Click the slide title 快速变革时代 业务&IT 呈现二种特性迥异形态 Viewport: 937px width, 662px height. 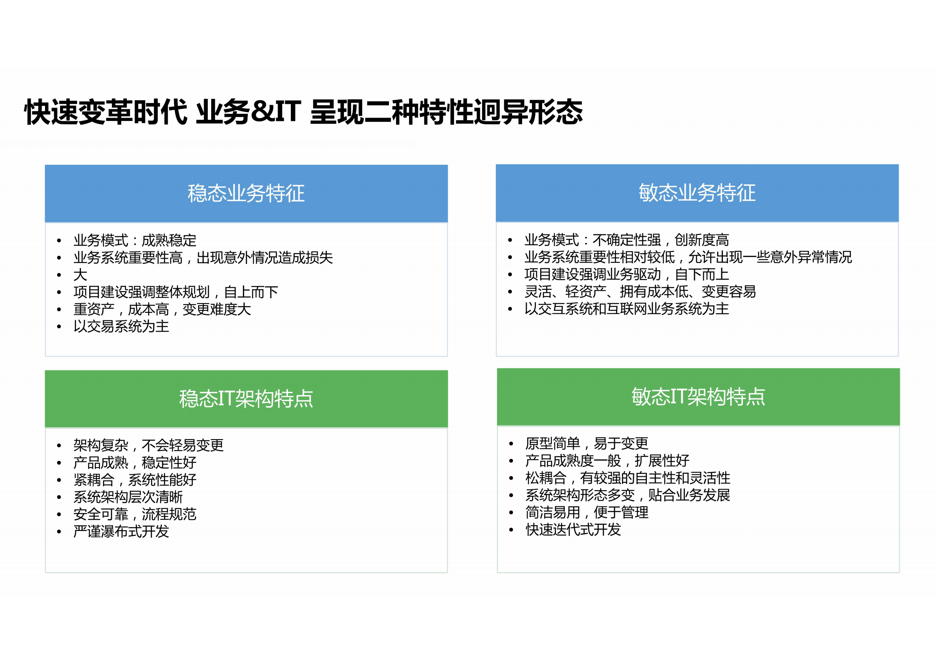click(x=303, y=112)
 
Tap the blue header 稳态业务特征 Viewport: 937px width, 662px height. click(x=246, y=194)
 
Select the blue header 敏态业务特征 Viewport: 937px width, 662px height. click(x=697, y=193)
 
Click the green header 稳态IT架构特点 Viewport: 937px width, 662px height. click(x=246, y=398)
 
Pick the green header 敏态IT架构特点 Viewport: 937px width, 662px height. click(x=698, y=396)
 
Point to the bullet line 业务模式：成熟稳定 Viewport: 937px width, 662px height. click(x=134, y=241)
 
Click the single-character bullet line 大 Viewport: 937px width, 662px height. click(x=80, y=275)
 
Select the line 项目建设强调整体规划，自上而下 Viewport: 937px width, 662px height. click(x=175, y=292)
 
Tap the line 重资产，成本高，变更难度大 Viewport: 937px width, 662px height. click(x=162, y=310)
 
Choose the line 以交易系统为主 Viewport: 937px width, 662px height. click(x=121, y=327)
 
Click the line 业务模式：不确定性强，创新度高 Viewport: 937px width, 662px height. click(x=626, y=240)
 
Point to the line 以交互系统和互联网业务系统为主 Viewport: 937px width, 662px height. click(x=626, y=309)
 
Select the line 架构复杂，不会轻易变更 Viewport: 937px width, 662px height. click(x=148, y=446)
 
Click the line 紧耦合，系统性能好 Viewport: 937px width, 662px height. click(x=134, y=480)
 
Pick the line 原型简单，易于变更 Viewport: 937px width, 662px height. click(x=586, y=443)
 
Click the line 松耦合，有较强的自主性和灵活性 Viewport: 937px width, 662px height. click(x=627, y=478)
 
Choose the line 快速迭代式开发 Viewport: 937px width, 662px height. click(x=573, y=530)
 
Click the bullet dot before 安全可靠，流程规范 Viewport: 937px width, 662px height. click(x=59, y=515)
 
